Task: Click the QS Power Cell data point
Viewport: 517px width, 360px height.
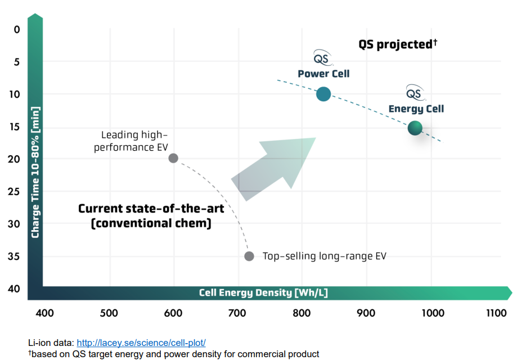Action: [323, 94]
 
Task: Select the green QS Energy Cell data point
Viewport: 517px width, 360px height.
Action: [415, 128]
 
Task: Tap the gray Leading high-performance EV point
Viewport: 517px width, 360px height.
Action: [173, 158]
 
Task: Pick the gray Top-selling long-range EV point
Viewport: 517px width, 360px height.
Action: [249, 256]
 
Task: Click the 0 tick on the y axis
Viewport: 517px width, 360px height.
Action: [16, 29]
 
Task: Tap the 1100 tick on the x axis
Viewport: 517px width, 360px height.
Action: [496, 313]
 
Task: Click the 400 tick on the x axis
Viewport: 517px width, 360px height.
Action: [44, 313]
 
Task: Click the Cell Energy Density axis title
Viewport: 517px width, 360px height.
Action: [263, 293]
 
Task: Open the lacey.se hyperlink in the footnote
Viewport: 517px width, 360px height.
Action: [141, 343]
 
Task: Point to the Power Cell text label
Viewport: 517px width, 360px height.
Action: [323, 74]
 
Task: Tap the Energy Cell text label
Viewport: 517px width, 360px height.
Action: [416, 109]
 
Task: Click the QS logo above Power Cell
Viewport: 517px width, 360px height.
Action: [322, 57]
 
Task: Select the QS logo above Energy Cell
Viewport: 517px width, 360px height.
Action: [415, 92]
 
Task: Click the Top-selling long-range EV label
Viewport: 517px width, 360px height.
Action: [325, 256]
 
